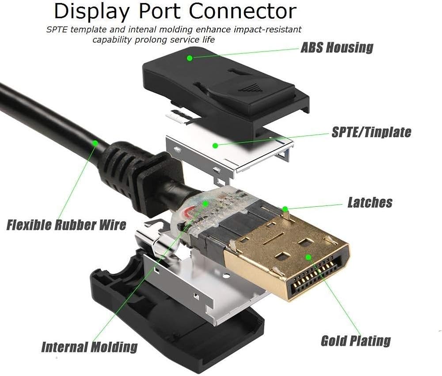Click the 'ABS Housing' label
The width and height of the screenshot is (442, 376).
(x=337, y=47)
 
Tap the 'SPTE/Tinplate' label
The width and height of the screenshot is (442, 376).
(x=371, y=132)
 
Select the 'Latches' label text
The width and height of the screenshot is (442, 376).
(x=370, y=202)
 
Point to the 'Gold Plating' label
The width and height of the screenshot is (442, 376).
(x=356, y=341)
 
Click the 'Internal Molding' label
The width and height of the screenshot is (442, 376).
(x=89, y=346)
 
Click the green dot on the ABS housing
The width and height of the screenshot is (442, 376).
(x=190, y=58)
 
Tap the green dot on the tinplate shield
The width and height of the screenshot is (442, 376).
(x=214, y=145)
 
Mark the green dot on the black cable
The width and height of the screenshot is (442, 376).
(x=95, y=143)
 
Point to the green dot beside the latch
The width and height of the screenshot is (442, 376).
(x=286, y=208)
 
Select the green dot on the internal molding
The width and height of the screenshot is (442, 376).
(x=206, y=204)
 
